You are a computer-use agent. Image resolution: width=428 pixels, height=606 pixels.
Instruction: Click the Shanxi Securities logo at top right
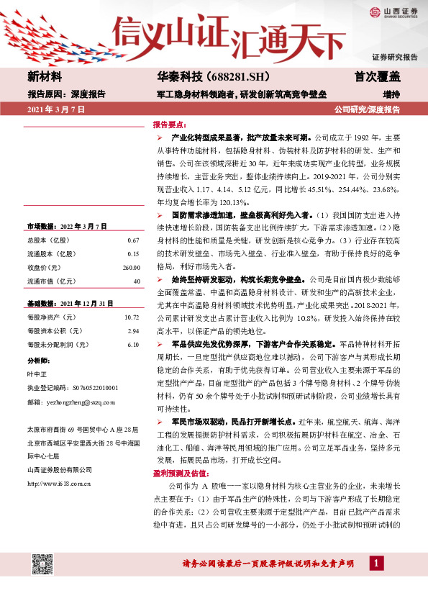[x=393, y=12]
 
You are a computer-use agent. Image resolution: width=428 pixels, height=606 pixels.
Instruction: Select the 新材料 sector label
[x=45, y=77]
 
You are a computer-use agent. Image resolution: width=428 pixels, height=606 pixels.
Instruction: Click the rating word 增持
[x=391, y=94]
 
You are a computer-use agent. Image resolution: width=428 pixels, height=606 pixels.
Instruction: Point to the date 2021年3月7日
[x=56, y=109]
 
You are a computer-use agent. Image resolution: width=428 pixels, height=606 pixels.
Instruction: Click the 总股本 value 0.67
[x=132, y=240]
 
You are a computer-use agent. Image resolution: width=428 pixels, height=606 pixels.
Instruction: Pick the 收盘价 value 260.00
[x=131, y=267]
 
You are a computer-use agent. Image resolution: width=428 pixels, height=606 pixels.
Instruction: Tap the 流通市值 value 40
[x=136, y=281]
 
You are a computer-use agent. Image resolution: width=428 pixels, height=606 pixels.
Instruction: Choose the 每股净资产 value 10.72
[x=131, y=317]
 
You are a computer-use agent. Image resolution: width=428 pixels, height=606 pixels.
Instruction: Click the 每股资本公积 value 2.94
[x=132, y=330]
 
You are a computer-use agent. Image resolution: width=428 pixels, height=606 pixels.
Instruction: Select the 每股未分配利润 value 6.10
[x=132, y=344]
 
